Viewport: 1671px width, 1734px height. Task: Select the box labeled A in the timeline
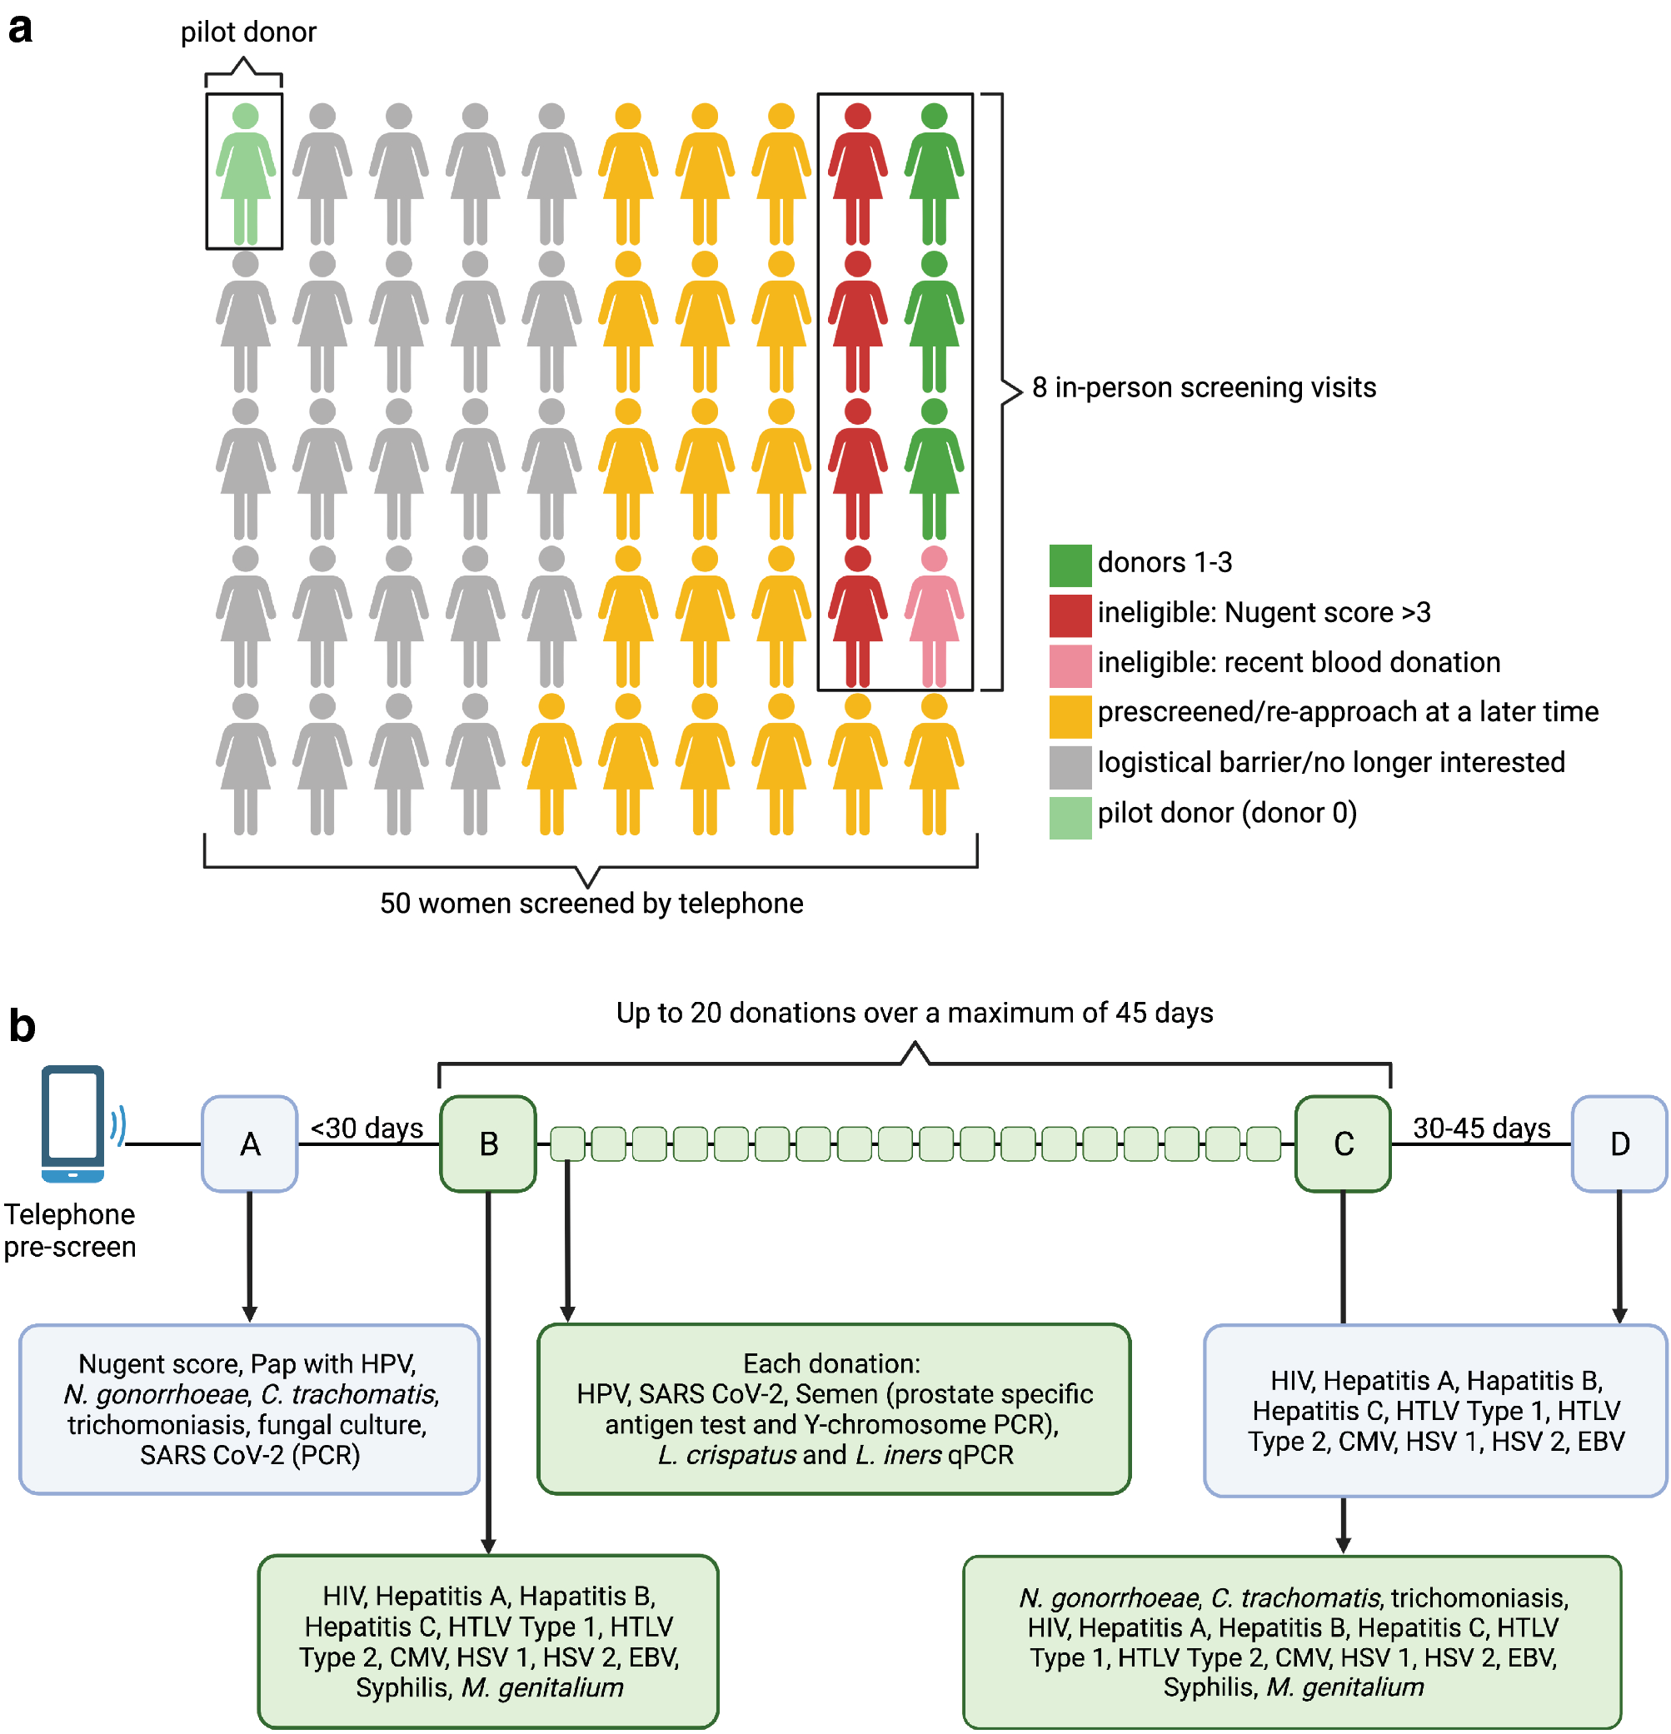pos(250,1143)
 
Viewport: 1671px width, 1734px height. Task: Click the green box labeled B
pos(487,1143)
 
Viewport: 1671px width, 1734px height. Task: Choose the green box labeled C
pos(1342,1143)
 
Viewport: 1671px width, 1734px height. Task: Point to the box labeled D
pos(1618,1143)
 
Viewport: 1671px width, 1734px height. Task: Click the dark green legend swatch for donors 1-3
pos(1070,565)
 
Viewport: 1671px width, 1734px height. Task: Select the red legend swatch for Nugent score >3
pos(1070,615)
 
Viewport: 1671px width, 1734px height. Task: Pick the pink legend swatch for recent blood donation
pos(1070,665)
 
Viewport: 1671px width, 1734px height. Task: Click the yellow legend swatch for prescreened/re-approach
pos(1070,715)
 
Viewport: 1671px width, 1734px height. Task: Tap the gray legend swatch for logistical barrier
pos(1070,765)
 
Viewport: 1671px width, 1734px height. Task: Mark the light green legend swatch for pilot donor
pos(1070,815)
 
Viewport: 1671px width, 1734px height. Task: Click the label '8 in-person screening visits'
pos(1203,387)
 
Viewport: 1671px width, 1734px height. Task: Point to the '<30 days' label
pos(367,1127)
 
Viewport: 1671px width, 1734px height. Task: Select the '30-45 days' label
pos(1481,1127)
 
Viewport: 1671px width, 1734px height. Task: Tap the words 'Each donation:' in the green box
pos(831,1363)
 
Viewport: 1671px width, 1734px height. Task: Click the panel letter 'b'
pos(22,1026)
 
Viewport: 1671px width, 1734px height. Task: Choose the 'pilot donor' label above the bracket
pos(248,32)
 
